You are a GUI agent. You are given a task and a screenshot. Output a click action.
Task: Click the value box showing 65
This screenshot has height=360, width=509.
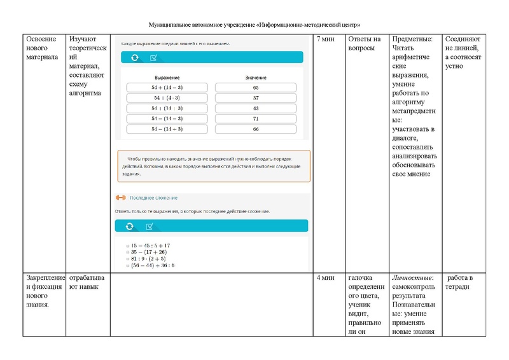[x=255, y=88]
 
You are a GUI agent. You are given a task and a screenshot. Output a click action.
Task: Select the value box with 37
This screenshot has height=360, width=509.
[x=255, y=98]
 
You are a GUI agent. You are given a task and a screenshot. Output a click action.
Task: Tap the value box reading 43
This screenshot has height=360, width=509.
[x=255, y=108]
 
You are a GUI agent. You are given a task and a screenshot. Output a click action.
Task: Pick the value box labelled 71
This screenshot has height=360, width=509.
[x=255, y=118]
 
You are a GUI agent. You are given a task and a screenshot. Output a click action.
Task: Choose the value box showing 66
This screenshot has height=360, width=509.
[x=255, y=129]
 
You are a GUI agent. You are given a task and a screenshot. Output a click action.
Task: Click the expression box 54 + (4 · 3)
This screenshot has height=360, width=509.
[x=167, y=98]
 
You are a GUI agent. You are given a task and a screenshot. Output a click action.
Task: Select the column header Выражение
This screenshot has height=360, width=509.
[x=167, y=77]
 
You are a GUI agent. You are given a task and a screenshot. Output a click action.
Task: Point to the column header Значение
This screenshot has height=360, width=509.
[x=255, y=77]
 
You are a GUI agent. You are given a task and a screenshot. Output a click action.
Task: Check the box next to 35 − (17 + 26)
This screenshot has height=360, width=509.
[x=128, y=252]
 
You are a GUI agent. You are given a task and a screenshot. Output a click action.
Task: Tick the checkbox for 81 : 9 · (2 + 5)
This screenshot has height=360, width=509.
[x=128, y=259]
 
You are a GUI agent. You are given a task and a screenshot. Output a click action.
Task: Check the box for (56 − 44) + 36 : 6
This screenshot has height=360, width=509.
[x=128, y=266]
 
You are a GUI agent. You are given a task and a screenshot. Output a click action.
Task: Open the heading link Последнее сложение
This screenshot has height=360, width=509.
[x=153, y=198]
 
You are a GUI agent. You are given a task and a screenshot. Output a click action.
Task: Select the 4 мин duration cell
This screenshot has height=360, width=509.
[x=326, y=278]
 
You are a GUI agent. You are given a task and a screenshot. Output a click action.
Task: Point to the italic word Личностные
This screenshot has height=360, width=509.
[x=413, y=278]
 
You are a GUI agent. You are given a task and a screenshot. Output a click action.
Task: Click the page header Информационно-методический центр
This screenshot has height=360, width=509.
[x=309, y=24]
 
